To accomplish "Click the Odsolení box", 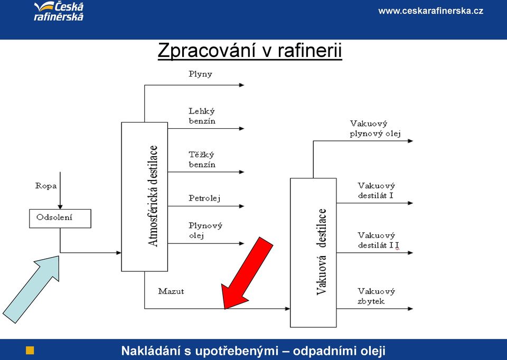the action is (60, 219).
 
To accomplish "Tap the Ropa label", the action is (46, 186).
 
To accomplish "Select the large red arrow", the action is (247, 273).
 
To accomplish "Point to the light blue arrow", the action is (31, 289).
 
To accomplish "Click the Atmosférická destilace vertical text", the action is (153, 196).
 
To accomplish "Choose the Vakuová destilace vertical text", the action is (322, 252).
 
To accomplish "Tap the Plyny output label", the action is (201, 74).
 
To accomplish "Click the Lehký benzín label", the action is (202, 116).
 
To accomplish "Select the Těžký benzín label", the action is (202, 159).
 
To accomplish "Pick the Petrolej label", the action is (205, 198).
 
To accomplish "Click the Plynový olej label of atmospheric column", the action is (205, 231).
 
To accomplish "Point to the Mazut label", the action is (171, 291).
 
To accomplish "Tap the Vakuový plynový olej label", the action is (375, 129).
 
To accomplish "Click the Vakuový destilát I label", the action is (377, 191).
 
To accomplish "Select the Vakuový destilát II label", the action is (378, 240).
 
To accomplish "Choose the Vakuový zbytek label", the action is (377, 296).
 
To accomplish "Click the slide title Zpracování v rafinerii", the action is (250, 51).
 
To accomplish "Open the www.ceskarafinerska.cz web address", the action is (431, 11).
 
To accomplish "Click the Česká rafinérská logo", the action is (59, 12).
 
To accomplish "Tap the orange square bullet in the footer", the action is (30, 350).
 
